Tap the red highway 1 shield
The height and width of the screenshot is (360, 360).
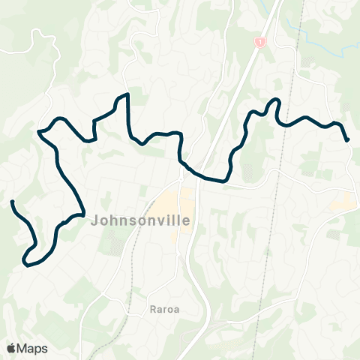click(x=260, y=43)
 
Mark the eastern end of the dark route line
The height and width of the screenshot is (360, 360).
click(x=347, y=139)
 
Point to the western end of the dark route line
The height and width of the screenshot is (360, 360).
click(x=12, y=202)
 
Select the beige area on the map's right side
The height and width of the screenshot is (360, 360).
click(x=343, y=201)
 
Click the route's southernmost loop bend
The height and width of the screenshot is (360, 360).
click(x=27, y=263)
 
